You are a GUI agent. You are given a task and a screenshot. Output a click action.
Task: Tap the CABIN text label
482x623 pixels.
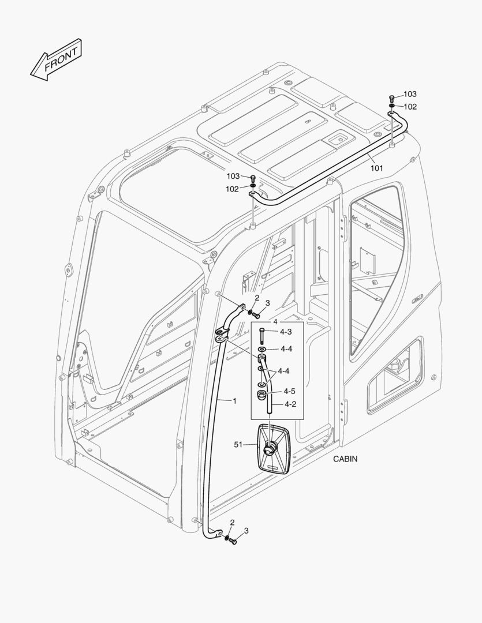345,459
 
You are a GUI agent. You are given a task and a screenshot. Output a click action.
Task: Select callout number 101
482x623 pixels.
376,168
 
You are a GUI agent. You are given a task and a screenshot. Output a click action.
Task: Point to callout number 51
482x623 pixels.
238,445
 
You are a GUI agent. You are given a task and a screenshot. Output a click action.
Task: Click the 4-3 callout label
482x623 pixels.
286,332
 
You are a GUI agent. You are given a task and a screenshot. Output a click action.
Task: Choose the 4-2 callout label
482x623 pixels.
289,404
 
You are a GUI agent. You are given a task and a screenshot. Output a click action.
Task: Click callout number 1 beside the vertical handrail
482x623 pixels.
234,400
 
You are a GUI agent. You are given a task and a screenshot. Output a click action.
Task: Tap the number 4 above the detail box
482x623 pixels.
275,321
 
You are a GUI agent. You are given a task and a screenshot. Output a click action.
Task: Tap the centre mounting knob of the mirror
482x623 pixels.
270,446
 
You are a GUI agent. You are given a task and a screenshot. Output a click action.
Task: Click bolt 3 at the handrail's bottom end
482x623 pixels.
233,543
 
